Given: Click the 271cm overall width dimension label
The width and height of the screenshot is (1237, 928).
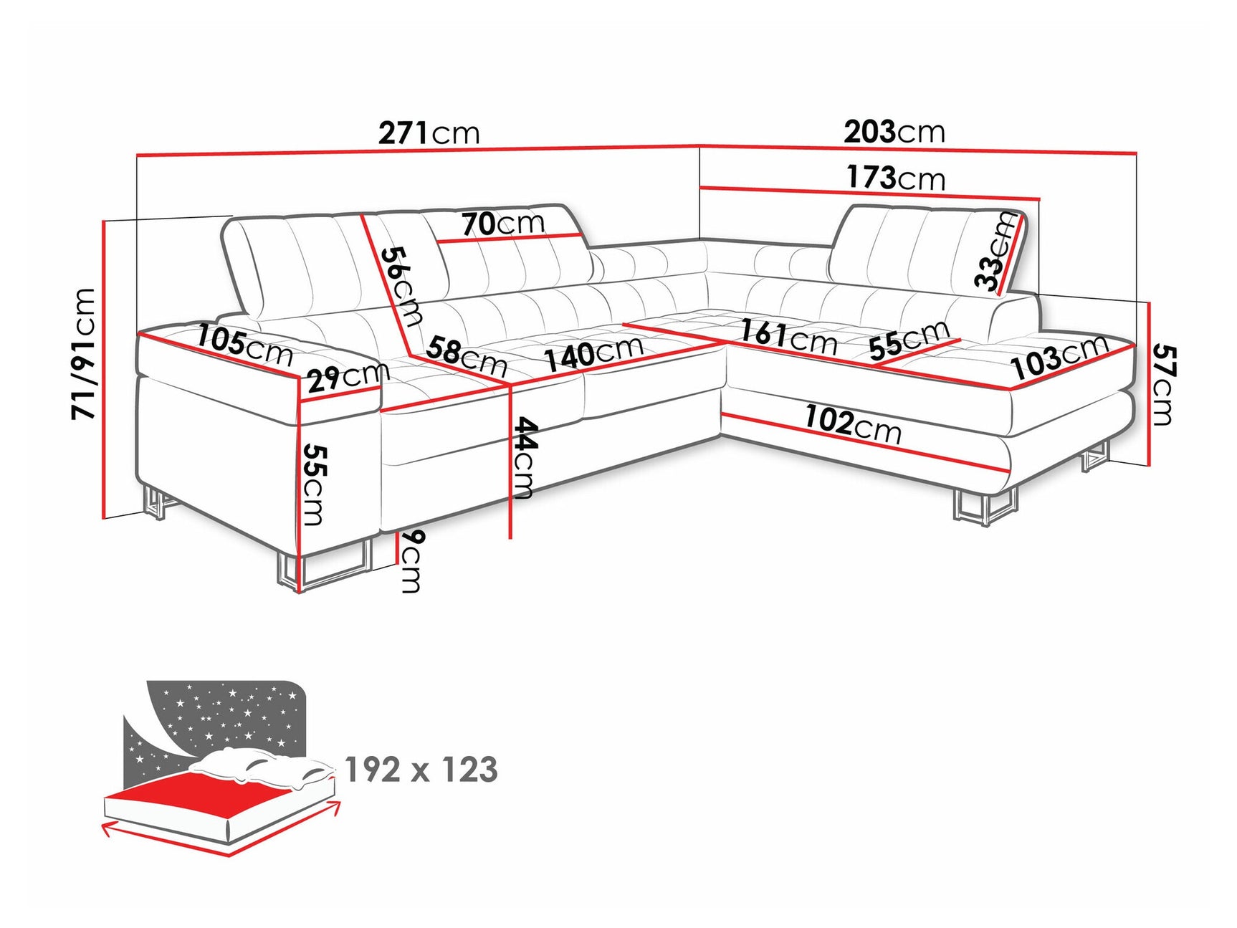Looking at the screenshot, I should point(429,133).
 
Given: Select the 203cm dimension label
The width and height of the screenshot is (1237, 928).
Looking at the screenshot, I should point(894,132).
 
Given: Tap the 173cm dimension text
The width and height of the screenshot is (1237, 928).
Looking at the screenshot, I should point(895,177).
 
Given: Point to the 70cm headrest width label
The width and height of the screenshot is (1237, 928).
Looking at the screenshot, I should point(502,224).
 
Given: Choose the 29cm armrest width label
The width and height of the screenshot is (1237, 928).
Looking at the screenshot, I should point(348,376).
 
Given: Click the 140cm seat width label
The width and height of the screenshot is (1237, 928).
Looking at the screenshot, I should point(593,353).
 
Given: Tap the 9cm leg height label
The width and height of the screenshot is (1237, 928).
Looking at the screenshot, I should point(411,561).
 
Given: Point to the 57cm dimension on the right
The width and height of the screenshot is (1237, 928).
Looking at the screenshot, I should point(1162,385).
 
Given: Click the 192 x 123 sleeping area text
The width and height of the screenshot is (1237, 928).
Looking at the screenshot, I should point(421,770).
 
